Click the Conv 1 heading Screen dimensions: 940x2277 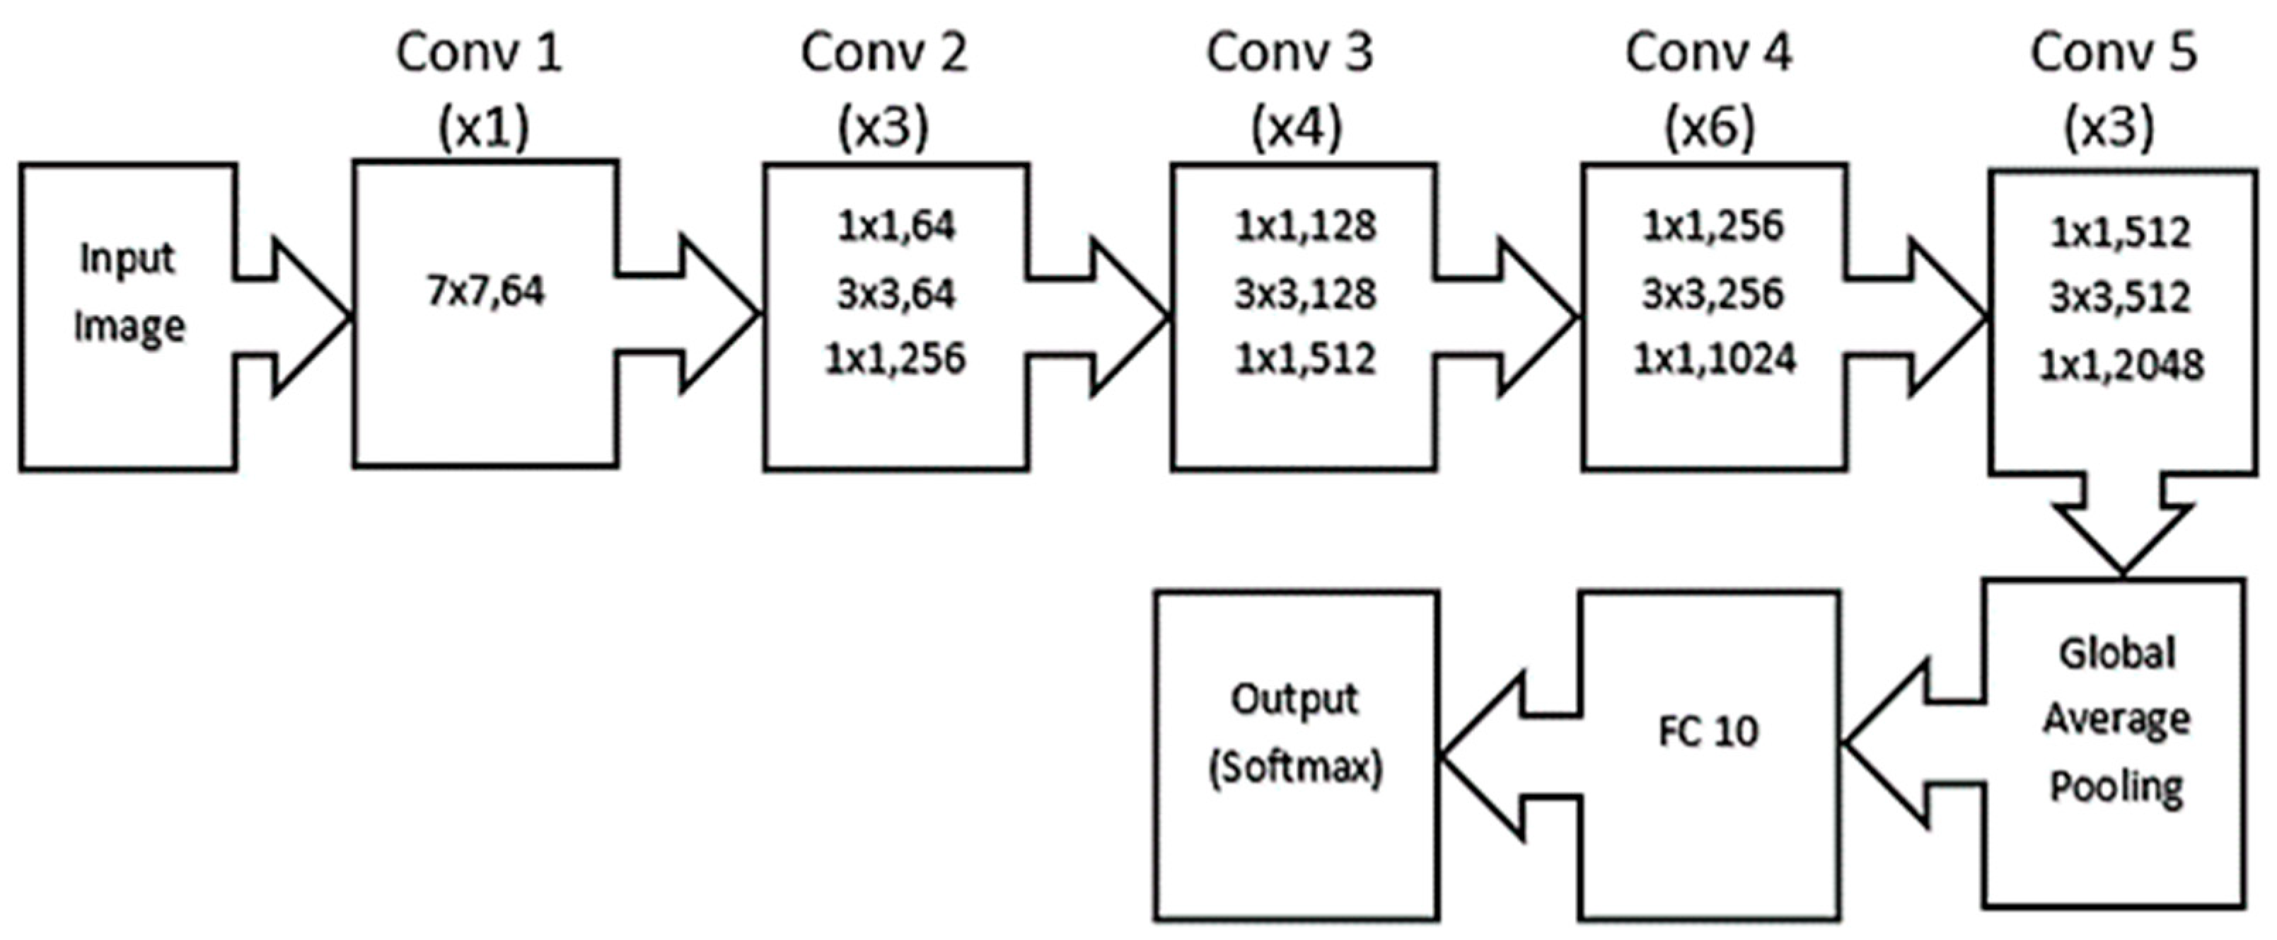coord(478,53)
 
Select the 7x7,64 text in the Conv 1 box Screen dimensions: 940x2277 coord(485,292)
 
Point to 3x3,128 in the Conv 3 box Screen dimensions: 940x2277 coord(1304,294)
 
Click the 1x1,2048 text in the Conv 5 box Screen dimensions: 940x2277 coord(2121,365)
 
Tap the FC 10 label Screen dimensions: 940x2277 coord(1708,732)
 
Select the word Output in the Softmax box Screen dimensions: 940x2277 coord(1294,699)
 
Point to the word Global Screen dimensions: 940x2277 coord(2117,654)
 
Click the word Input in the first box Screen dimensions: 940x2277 coord(127,259)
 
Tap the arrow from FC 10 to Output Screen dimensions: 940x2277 coord(1494,756)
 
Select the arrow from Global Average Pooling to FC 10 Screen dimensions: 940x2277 coord(1901,745)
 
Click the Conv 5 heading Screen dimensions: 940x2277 coord(2113,53)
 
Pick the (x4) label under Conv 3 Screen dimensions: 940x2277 coord(1296,128)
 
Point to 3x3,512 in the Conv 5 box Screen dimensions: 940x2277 coord(2120,298)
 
